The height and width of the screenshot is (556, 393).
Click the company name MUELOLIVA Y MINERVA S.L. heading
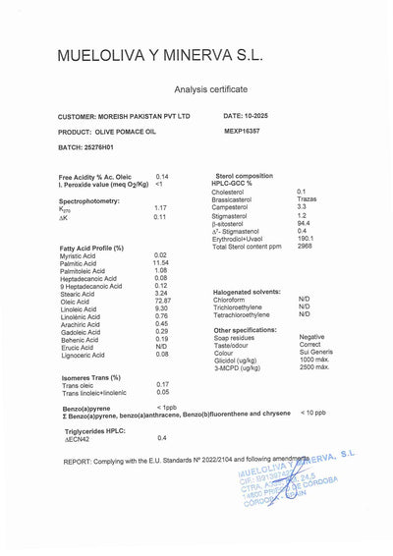[159, 56]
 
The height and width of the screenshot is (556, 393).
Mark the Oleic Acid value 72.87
[163, 301]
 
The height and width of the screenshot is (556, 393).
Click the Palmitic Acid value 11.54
[163, 263]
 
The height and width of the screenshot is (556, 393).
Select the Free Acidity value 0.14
[162, 176]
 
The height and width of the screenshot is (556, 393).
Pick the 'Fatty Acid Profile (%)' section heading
[91, 248]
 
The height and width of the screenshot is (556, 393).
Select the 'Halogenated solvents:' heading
[252, 292]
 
